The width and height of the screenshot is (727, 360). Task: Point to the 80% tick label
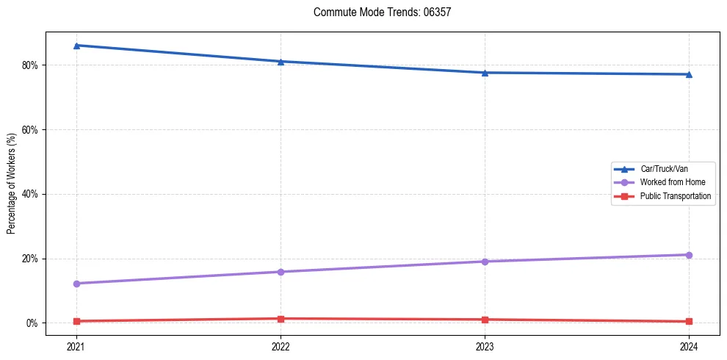30,65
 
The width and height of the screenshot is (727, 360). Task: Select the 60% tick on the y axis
30,129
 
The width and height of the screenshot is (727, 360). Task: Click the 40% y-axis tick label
30,194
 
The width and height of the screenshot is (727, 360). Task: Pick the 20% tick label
30,259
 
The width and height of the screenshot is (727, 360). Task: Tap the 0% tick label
32,323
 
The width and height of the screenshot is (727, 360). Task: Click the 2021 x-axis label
76,345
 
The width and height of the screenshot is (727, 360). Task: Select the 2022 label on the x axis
281,345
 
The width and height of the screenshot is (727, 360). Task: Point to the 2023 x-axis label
485,345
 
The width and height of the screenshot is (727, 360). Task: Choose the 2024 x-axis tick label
689,345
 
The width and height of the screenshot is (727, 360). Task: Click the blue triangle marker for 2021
76,46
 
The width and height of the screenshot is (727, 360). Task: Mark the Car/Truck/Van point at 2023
485,73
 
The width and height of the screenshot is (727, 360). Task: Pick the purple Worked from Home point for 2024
689,255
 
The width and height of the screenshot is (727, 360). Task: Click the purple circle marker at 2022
281,272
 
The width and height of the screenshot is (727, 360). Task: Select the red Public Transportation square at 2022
281,319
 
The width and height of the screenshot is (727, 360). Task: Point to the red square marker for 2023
485,320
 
